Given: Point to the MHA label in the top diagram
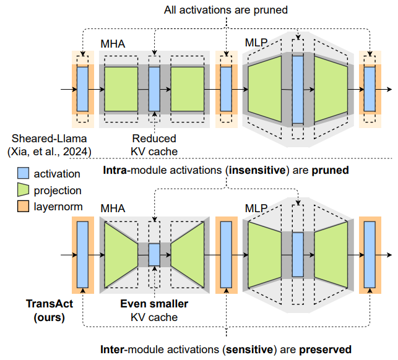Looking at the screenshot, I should pyautogui.click(x=113, y=45).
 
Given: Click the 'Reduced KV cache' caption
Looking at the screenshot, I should pyautogui.click(x=154, y=144).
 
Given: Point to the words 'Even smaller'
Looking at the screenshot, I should pyautogui.click(x=154, y=304).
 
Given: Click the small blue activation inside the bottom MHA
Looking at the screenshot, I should pyautogui.click(x=154, y=254).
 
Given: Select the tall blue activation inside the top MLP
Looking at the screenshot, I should pyautogui.click(x=298, y=89).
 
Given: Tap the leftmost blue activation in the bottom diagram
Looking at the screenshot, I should pyautogui.click(x=82, y=254).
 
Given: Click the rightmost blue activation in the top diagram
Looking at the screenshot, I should pyautogui.click(x=370, y=89).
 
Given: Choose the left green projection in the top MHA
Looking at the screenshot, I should pyautogui.click(x=121, y=89).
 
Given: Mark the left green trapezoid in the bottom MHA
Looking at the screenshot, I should pyautogui.click(x=121, y=254).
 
